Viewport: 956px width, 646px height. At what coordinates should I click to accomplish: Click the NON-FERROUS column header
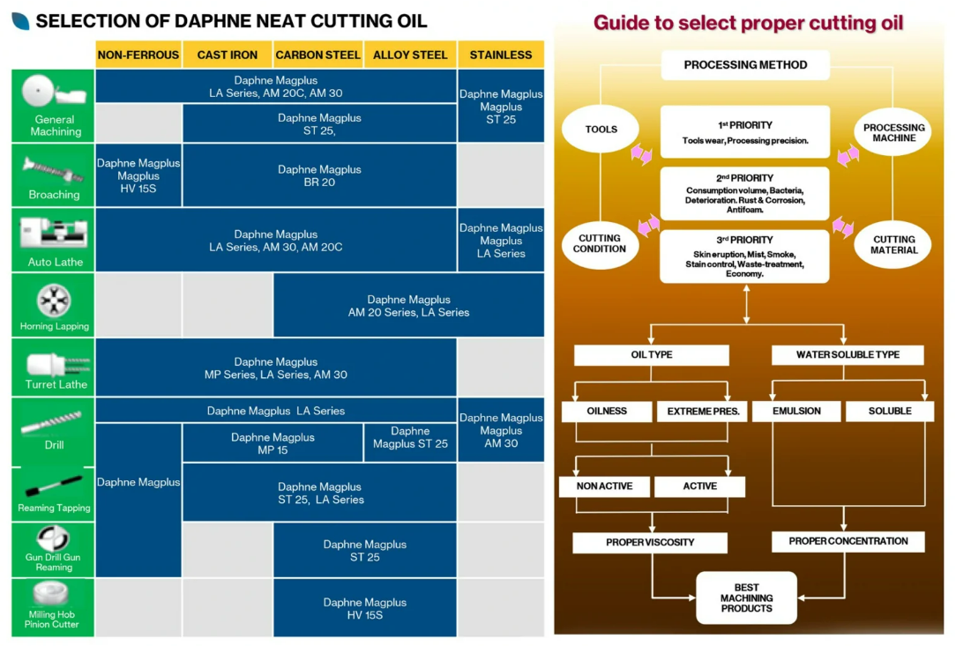[x=138, y=55]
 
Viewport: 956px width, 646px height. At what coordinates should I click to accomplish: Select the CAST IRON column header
[x=228, y=55]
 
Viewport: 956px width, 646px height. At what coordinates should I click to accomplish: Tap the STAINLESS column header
[x=501, y=55]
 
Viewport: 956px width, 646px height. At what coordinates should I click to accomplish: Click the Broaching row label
[x=54, y=195]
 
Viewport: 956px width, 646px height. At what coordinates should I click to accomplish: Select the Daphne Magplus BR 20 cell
[x=319, y=175]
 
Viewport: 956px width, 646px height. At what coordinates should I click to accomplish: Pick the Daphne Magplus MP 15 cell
[x=273, y=443]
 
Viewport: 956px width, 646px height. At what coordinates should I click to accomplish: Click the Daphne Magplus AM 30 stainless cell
[x=501, y=430]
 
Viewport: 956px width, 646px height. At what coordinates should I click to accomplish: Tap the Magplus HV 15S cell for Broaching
[x=138, y=175]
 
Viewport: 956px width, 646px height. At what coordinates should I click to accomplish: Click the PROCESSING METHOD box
[x=745, y=65]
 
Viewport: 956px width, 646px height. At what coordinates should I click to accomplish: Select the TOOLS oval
[x=601, y=130]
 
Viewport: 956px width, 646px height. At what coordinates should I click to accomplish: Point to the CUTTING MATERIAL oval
[x=894, y=244]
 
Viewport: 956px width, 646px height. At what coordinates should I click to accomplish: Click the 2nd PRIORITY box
[x=745, y=193]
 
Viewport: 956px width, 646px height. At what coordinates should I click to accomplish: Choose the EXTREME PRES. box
[x=701, y=412]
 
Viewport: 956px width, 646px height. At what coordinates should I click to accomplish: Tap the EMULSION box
[x=796, y=412]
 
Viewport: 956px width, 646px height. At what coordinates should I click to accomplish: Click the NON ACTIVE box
[x=604, y=486]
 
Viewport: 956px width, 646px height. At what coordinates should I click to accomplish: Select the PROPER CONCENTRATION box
[x=848, y=541]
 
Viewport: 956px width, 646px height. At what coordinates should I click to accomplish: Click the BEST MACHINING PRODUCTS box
[x=746, y=598]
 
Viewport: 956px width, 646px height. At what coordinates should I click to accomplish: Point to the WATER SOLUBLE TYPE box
[x=848, y=354]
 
